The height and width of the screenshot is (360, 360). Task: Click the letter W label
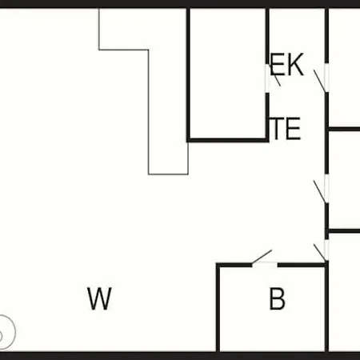tap(99, 298)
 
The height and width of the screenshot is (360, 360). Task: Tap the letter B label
tap(277, 298)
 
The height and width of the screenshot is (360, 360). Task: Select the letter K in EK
tap(295, 65)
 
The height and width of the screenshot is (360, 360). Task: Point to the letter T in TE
tap(278, 129)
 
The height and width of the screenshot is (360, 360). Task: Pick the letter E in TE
tap(294, 129)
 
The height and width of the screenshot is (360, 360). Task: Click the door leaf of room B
tap(262, 257)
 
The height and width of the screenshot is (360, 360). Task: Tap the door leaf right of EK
tap(319, 81)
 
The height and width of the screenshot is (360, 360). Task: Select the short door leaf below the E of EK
tap(276, 78)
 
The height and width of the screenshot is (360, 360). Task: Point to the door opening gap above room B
tap(265, 265)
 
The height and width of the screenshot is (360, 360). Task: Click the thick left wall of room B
tap(218, 308)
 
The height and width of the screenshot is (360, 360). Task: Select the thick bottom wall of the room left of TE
tap(228, 140)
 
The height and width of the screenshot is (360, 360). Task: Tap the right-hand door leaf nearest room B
tap(320, 252)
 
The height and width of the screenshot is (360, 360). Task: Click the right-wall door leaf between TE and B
tap(320, 192)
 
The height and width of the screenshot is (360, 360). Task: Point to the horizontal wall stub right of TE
tap(344, 130)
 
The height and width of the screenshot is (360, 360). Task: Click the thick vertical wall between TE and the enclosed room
tap(267, 118)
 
